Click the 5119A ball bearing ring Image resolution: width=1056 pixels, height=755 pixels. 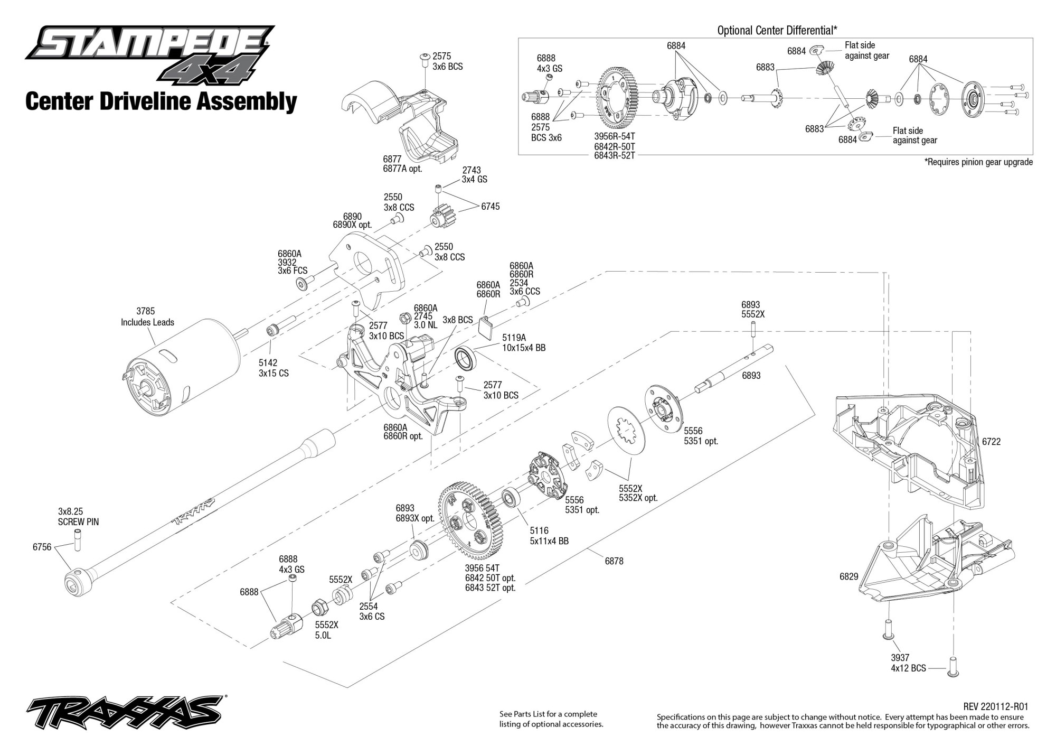click(466, 359)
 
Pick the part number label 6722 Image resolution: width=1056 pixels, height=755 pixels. click(991, 442)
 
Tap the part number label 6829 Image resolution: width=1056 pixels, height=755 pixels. click(849, 576)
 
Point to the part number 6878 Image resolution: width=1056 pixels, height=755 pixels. click(614, 561)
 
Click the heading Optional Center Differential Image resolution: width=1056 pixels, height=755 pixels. click(777, 30)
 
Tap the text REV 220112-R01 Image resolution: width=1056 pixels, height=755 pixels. click(995, 706)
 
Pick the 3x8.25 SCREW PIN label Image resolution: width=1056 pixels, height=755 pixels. click(78, 517)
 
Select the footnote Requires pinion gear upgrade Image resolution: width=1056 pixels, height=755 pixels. click(978, 162)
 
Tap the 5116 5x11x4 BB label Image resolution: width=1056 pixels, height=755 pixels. click(549, 536)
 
